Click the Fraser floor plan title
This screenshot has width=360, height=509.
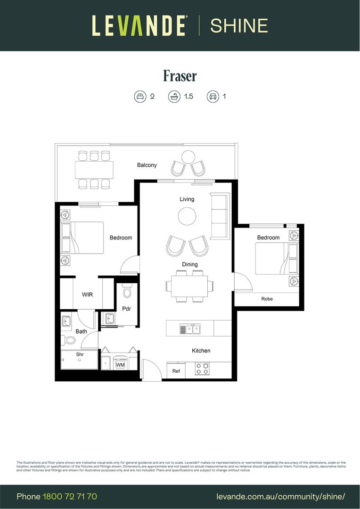(x=180, y=75)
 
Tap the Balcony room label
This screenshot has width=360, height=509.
(x=147, y=165)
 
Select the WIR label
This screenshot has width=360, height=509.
(x=87, y=295)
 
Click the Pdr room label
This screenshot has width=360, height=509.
(x=126, y=309)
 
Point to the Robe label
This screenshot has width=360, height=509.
(x=267, y=299)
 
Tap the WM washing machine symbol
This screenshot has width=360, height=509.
(x=120, y=365)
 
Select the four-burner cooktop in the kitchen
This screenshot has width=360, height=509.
(x=203, y=369)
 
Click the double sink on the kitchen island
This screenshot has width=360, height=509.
(x=190, y=329)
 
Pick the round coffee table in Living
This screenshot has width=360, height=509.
(x=187, y=216)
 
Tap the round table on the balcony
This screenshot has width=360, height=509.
(x=188, y=156)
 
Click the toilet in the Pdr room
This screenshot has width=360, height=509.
(x=126, y=292)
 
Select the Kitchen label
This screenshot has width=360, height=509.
(x=201, y=351)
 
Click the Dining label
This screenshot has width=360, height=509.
(x=190, y=264)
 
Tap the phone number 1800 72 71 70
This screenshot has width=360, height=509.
(x=70, y=497)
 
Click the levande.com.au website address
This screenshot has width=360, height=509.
(x=281, y=497)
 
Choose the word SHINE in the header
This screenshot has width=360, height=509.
(x=239, y=25)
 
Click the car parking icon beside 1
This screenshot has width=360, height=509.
(x=213, y=97)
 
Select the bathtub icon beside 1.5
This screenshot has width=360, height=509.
(x=174, y=97)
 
